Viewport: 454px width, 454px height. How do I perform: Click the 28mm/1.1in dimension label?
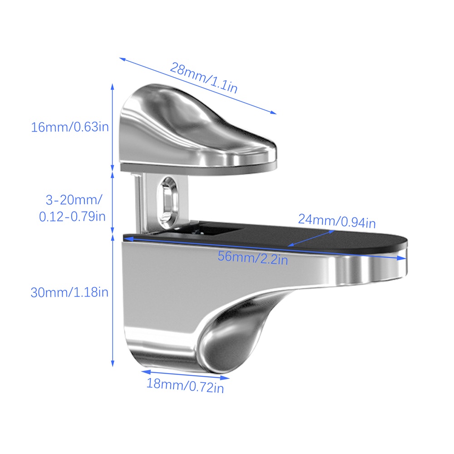tap(204, 77)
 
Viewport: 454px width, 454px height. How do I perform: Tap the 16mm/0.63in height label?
tap(70, 127)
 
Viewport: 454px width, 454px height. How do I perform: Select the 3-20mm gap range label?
tap(74, 200)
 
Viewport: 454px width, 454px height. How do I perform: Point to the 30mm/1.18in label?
tap(69, 292)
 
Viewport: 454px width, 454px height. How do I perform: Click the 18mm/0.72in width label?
tap(185, 385)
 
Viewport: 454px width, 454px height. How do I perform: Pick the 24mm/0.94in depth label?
tap(337, 221)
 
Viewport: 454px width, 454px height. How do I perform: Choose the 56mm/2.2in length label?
tap(253, 258)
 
